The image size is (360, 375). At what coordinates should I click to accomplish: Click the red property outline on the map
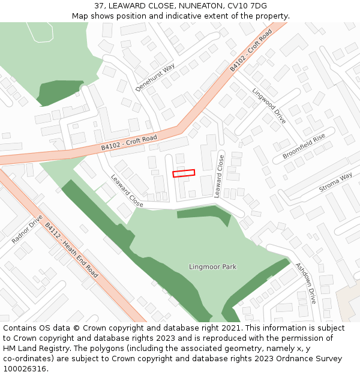(x=184, y=173)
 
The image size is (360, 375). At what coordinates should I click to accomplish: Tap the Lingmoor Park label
(x=212, y=266)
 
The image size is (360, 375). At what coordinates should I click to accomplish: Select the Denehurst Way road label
(x=155, y=77)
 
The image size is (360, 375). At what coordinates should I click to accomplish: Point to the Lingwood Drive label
(x=269, y=106)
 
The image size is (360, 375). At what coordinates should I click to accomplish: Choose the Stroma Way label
(x=335, y=182)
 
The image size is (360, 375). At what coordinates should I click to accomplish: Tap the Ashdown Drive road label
(x=305, y=283)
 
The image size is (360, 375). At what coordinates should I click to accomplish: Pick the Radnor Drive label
(x=27, y=229)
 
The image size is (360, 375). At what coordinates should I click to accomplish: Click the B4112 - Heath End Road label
(x=71, y=250)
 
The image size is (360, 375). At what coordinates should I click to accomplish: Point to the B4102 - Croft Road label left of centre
(x=129, y=142)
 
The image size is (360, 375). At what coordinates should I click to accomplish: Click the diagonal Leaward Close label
(x=127, y=191)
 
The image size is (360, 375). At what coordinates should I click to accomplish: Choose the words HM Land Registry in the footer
(x=32, y=349)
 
